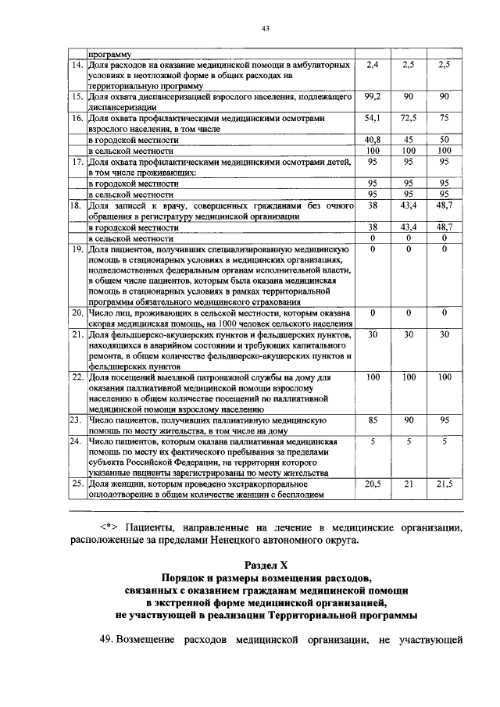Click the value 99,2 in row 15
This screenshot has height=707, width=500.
(x=372, y=95)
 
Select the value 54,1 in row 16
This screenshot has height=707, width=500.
(x=372, y=117)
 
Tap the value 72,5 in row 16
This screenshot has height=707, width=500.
(x=409, y=117)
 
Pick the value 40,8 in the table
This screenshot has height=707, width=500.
(x=372, y=139)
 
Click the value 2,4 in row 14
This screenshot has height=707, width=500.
(x=372, y=64)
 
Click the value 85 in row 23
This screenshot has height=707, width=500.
(x=372, y=420)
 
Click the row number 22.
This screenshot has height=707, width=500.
(x=77, y=377)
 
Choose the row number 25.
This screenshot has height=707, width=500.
(x=77, y=484)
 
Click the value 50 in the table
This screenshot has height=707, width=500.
(x=444, y=139)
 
